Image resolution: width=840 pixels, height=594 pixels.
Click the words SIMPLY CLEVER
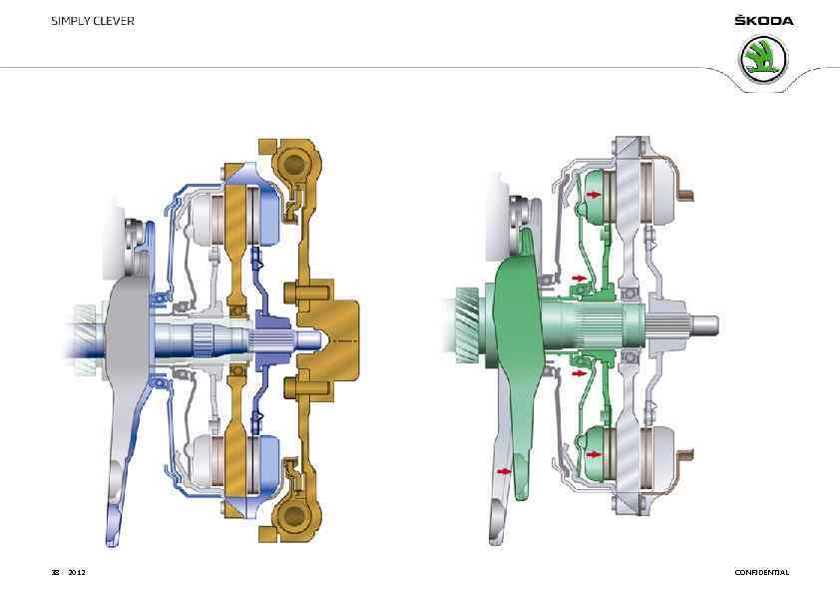click(93, 21)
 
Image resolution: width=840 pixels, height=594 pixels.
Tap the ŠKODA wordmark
click(764, 21)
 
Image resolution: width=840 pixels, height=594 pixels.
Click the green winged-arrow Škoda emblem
click(763, 59)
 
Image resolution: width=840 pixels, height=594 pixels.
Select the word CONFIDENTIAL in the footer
click(762, 573)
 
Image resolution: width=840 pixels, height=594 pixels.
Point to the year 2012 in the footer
click(77, 573)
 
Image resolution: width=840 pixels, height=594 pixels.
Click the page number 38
click(55, 573)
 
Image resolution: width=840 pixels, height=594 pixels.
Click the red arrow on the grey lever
click(505, 471)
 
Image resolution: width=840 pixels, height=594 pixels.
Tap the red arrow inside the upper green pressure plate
click(594, 195)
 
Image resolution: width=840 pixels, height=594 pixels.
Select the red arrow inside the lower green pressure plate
click(594, 454)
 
